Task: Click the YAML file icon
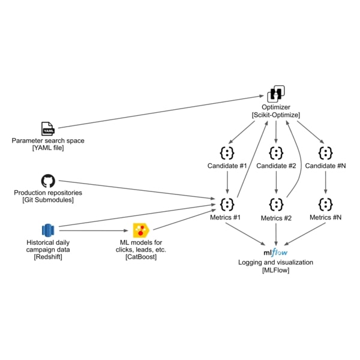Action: (47, 128)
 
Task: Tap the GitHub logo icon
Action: (47, 181)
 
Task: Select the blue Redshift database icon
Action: (47, 230)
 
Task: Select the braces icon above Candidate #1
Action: (227, 152)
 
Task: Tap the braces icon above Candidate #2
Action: (275, 152)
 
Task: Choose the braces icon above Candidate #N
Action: (326, 152)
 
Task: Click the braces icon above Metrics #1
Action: (227, 203)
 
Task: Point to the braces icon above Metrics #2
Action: (275, 203)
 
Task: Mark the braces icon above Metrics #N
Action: (326, 203)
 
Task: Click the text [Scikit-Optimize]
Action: (275, 115)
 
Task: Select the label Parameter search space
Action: (47, 140)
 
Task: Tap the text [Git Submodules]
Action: (47, 200)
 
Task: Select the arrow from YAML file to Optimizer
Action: (162, 112)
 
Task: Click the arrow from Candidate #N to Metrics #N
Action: (326, 182)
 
